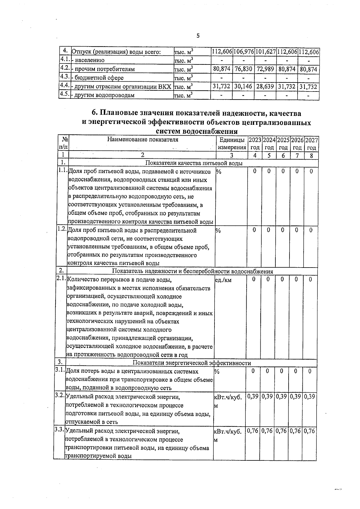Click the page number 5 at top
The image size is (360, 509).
pyautogui.click(x=198, y=36)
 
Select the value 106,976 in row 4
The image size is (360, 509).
pyautogui.click(x=244, y=52)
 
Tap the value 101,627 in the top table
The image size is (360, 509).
pyautogui.click(x=265, y=52)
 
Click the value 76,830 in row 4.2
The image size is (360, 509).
pyautogui.click(x=243, y=69)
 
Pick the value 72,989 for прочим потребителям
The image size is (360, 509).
pyautogui.click(x=265, y=69)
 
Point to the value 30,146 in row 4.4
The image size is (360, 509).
pyautogui.click(x=243, y=86)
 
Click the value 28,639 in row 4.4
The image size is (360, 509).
pyautogui.click(x=265, y=86)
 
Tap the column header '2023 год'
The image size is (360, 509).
pyautogui.click(x=255, y=144)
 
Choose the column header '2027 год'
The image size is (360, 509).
pyautogui.click(x=312, y=144)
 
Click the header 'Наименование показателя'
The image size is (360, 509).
pyautogui.click(x=142, y=139)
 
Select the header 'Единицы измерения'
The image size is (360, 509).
pyautogui.click(x=232, y=144)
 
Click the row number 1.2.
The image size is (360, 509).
pyautogui.click(x=61, y=229)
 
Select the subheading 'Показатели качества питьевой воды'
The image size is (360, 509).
pyautogui.click(x=194, y=163)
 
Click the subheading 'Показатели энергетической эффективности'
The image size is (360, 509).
pyautogui.click(x=192, y=363)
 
